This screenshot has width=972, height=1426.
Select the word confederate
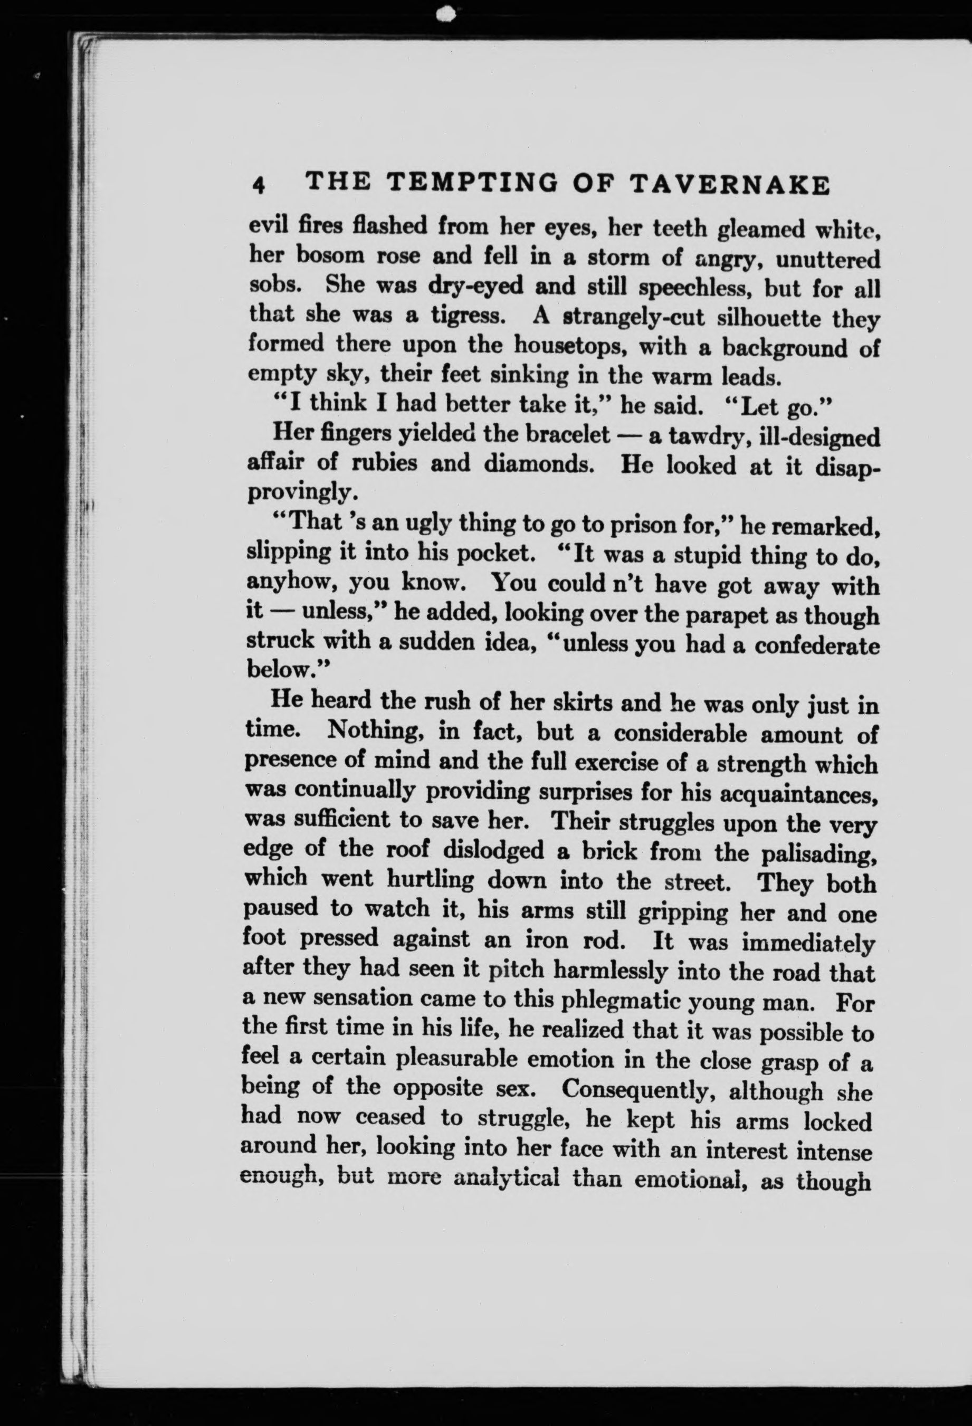click(x=816, y=645)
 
